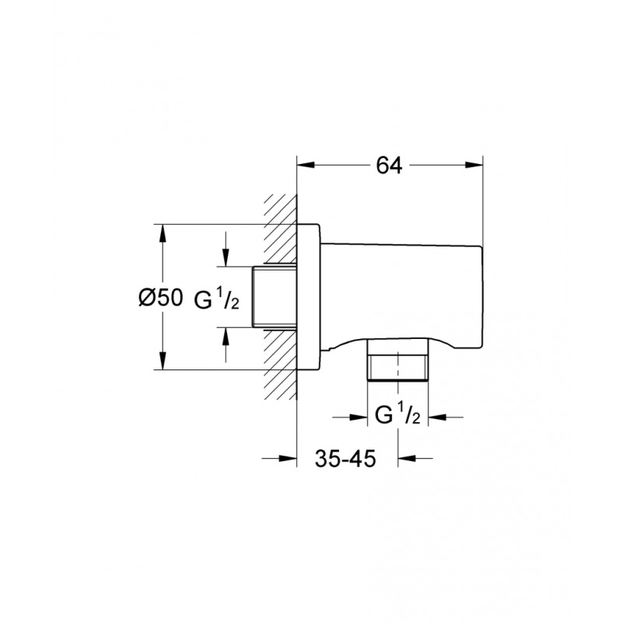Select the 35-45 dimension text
347,458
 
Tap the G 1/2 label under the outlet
397,417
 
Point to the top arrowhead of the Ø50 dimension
162,232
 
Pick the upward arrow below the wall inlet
226,335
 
